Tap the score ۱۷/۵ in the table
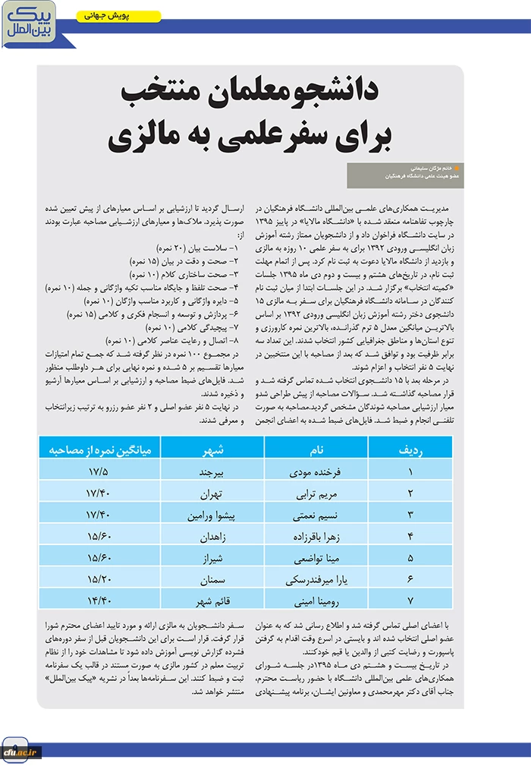(99, 471)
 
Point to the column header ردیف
(410, 449)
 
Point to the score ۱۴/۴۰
(99, 600)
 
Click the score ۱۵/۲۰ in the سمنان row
(99, 578)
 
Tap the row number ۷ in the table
(410, 600)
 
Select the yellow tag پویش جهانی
(119, 16)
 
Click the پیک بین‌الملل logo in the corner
(27, 24)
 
